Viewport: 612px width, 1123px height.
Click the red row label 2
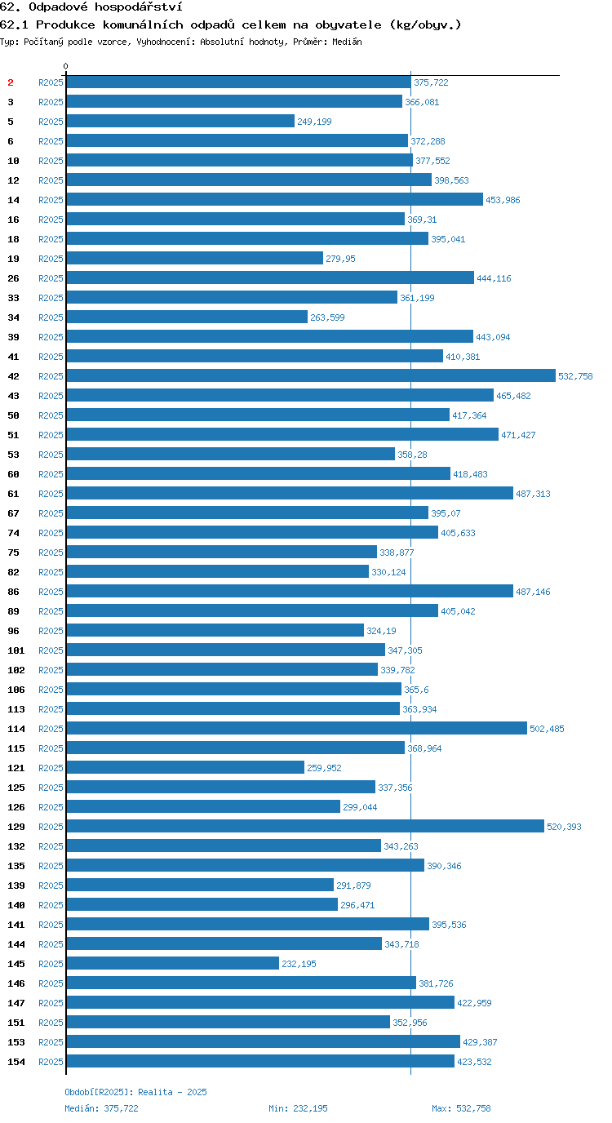point(11,82)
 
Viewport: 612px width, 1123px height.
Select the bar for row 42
point(311,375)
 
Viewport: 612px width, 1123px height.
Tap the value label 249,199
point(314,122)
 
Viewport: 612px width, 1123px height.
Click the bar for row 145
point(172,963)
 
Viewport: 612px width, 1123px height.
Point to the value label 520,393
point(564,827)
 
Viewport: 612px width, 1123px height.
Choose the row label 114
point(16,729)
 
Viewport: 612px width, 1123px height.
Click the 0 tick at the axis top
point(65,67)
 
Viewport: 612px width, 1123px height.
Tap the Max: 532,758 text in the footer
point(461,1108)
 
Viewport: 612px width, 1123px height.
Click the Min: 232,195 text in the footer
point(298,1108)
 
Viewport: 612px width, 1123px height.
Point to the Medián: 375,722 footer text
point(101,1108)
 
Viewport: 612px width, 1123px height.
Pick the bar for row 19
point(194,258)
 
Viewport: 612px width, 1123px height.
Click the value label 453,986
point(503,200)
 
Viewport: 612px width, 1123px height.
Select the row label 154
point(16,1062)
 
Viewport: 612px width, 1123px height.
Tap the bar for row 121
point(185,767)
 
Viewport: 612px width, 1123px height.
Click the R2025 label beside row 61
point(51,494)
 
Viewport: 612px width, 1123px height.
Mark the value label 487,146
point(533,592)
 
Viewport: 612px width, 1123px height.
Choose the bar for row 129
point(305,826)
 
